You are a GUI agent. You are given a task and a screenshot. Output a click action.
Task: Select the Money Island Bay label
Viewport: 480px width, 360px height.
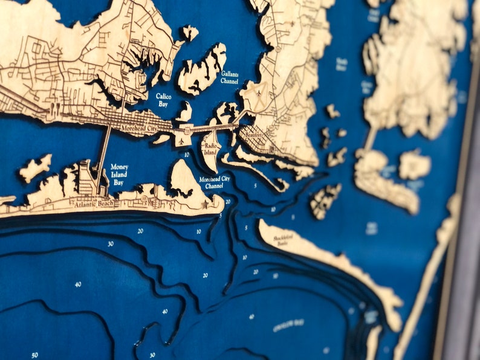point(119,175)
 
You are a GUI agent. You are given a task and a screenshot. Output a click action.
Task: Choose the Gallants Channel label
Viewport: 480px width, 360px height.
point(230,77)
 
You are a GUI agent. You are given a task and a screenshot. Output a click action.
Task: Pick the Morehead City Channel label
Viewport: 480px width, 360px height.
point(215,183)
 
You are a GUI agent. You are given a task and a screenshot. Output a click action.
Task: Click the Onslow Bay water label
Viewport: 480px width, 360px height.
point(288,324)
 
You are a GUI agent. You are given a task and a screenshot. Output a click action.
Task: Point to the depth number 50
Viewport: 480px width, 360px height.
point(34,355)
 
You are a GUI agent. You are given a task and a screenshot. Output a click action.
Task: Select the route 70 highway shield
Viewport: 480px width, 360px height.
point(189,129)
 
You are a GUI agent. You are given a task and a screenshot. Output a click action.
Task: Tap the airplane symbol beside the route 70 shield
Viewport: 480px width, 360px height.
point(181,141)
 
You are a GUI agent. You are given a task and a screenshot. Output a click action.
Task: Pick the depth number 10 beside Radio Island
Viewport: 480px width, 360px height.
point(187,155)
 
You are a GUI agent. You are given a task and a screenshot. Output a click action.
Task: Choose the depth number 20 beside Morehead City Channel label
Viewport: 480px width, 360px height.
point(228,201)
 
